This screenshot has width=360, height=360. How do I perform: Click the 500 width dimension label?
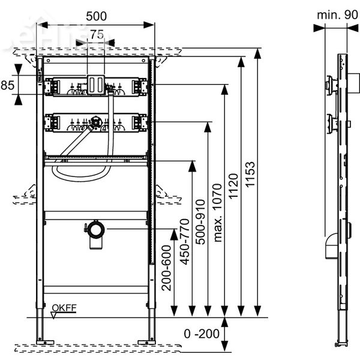(x=96, y=16)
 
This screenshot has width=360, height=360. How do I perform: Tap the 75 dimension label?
(x=97, y=35)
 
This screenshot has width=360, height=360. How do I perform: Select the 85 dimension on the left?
(x=7, y=85)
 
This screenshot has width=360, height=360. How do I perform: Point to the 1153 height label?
(x=250, y=174)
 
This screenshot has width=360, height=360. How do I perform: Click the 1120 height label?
(x=234, y=186)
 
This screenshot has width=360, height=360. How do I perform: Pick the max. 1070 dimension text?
(x=217, y=212)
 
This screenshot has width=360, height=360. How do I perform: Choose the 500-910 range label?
(x=200, y=222)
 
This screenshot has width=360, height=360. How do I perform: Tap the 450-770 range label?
(x=185, y=242)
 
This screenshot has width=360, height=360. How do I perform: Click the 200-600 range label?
(x=166, y=268)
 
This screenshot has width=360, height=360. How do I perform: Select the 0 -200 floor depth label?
(x=202, y=334)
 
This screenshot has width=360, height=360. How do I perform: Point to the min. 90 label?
(x=337, y=15)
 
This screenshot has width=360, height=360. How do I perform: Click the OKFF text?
(x=64, y=308)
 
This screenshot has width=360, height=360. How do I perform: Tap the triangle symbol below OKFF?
(x=54, y=315)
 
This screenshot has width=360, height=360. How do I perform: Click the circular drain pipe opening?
(x=96, y=230)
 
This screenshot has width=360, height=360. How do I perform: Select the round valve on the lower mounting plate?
(x=95, y=122)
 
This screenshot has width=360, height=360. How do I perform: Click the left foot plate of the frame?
(x=45, y=343)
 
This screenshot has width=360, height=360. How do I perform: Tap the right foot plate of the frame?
(x=147, y=343)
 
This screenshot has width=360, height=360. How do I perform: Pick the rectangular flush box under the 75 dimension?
(x=96, y=85)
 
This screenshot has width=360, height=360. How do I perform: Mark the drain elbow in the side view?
(x=331, y=246)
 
